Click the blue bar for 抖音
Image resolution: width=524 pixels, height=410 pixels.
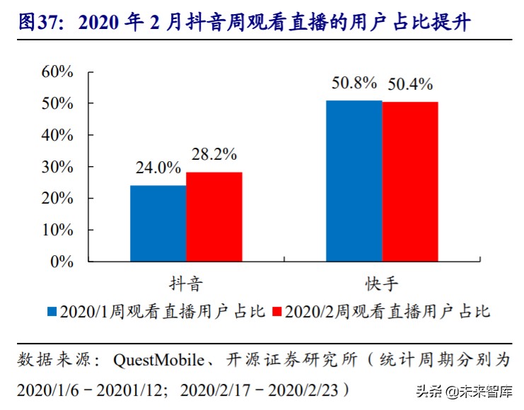coord(158,223)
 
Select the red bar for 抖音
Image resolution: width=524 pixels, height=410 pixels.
coord(214,217)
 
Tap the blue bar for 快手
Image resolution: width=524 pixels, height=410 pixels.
coord(354,181)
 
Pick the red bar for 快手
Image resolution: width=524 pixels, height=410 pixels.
coord(410,182)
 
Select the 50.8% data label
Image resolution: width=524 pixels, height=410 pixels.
coord(354,83)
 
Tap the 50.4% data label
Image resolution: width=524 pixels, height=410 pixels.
coord(409,85)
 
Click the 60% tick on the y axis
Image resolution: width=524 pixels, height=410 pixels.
coord(57,71)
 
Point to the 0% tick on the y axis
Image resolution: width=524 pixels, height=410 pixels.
coord(62,262)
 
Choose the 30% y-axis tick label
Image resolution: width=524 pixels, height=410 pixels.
coord(57,167)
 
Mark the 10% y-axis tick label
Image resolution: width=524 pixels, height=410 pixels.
coord(57,230)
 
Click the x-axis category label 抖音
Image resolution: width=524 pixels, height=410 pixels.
coord(186,284)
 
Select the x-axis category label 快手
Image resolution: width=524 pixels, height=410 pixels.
coord(382,284)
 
